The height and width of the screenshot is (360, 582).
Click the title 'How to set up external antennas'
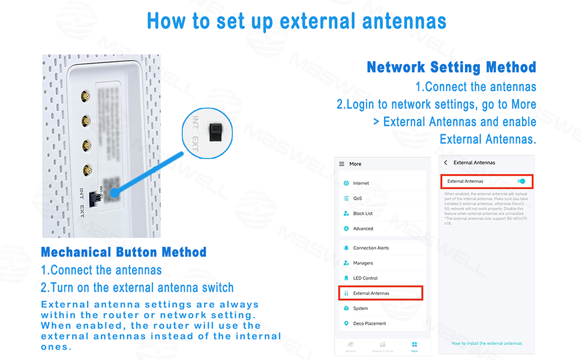click(x=296, y=21)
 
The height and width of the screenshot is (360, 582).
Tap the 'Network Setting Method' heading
click(x=451, y=67)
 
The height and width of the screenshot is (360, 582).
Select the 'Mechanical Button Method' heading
click(x=124, y=252)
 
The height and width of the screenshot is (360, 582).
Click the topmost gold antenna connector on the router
click(x=86, y=96)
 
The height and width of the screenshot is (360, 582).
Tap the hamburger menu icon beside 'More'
click(x=342, y=164)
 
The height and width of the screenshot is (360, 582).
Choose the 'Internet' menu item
click(x=361, y=184)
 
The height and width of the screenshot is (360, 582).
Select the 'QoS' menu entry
click(x=358, y=199)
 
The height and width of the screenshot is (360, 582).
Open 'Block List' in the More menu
click(x=362, y=214)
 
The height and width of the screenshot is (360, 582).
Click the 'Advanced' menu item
click(x=362, y=229)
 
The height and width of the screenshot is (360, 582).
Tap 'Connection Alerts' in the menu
click(x=371, y=248)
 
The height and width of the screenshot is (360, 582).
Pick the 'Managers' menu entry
click(x=363, y=263)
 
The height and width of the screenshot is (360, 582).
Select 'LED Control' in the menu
click(x=365, y=278)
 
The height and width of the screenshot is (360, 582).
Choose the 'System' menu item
click(x=360, y=308)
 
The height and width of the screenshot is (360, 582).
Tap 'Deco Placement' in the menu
click(x=369, y=324)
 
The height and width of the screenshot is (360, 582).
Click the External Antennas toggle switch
click(x=521, y=181)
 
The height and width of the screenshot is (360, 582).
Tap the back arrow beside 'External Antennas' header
click(x=446, y=163)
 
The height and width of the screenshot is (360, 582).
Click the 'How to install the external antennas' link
click(x=487, y=344)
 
